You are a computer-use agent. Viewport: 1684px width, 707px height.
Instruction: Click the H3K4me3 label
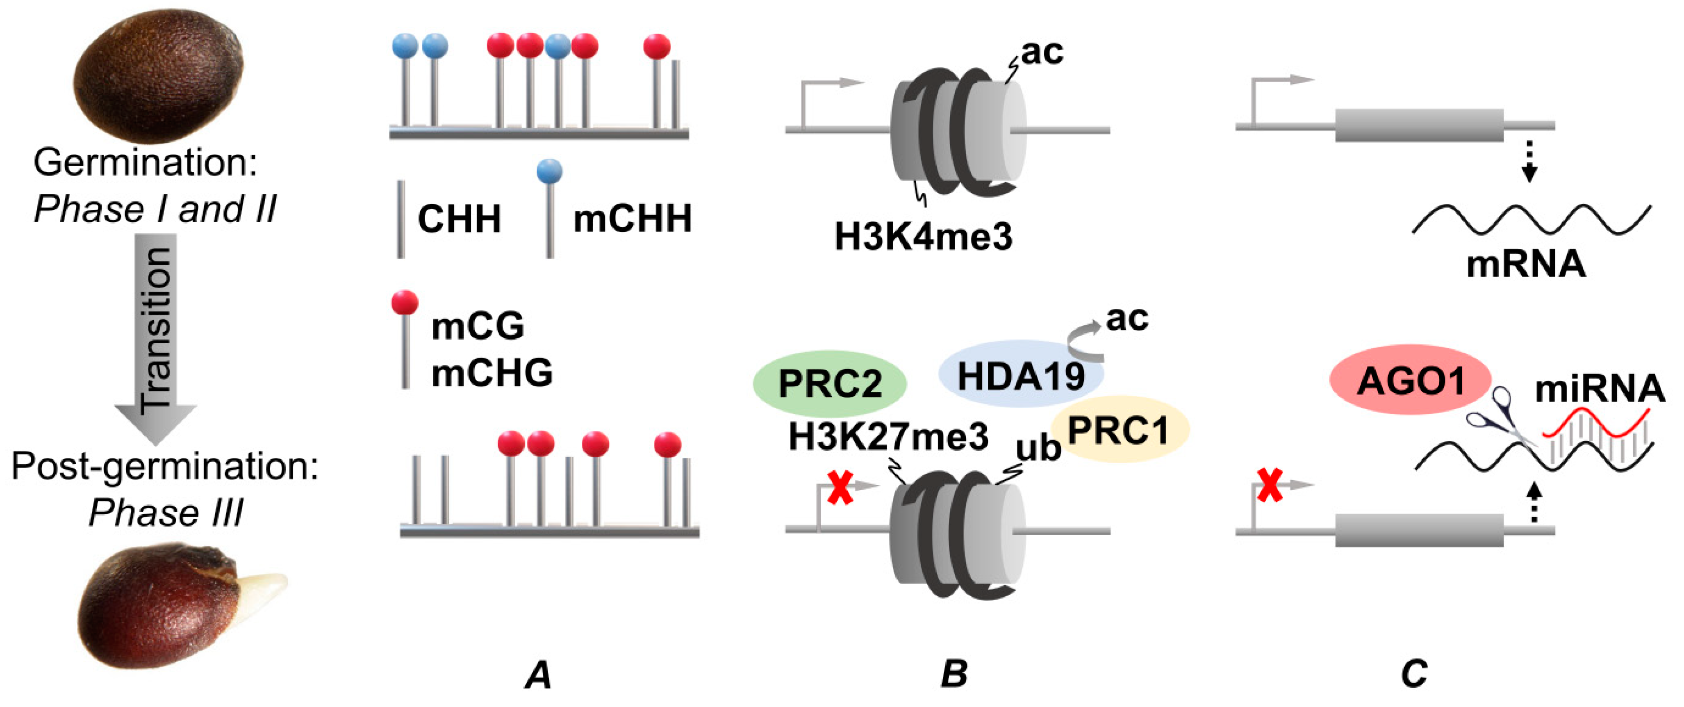pyautogui.click(x=923, y=237)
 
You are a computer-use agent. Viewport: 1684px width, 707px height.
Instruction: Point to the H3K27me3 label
pyautogui.click(x=888, y=437)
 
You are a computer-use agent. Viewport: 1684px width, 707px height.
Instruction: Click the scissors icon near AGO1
pyautogui.click(x=1497, y=419)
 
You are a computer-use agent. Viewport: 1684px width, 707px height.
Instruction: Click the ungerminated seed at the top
pyautogui.click(x=159, y=75)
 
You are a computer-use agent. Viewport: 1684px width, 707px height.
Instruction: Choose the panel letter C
pyautogui.click(x=1414, y=674)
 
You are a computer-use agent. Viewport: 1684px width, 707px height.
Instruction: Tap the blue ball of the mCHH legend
pyautogui.click(x=549, y=171)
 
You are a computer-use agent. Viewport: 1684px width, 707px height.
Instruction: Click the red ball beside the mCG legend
pyautogui.click(x=405, y=303)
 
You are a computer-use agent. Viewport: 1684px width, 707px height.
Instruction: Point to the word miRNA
pyautogui.click(x=1599, y=389)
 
